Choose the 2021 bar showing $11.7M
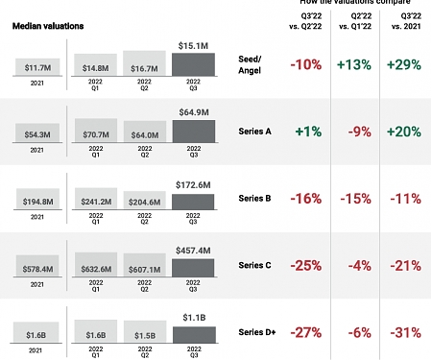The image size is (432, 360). [35, 66]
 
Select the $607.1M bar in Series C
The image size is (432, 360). [144, 268]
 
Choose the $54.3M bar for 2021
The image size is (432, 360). [35, 132]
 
